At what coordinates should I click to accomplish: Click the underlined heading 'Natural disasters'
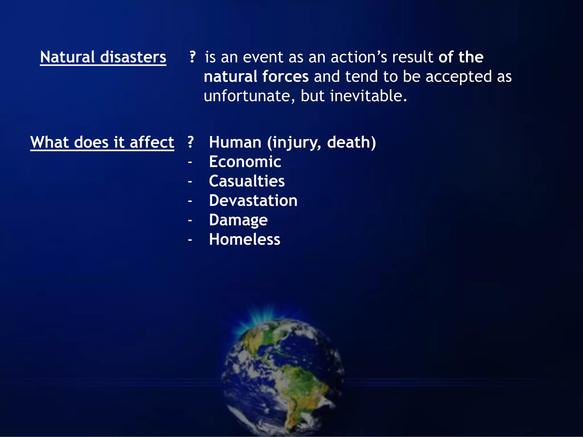tap(103, 57)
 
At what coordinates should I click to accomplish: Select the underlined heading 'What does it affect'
tap(102, 142)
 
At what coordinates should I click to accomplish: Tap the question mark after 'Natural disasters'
tap(192, 57)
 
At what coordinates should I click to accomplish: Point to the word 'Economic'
tap(245, 162)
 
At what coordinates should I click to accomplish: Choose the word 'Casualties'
tap(247, 181)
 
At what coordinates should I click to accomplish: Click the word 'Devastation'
tap(253, 201)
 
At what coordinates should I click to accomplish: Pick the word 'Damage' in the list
tap(238, 220)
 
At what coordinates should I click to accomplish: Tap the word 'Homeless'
tap(245, 240)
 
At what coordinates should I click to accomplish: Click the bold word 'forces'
tap(285, 77)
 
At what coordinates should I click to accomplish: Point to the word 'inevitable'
tap(368, 96)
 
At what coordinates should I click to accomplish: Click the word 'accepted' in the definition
tap(458, 77)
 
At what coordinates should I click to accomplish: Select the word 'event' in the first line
tap(263, 57)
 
